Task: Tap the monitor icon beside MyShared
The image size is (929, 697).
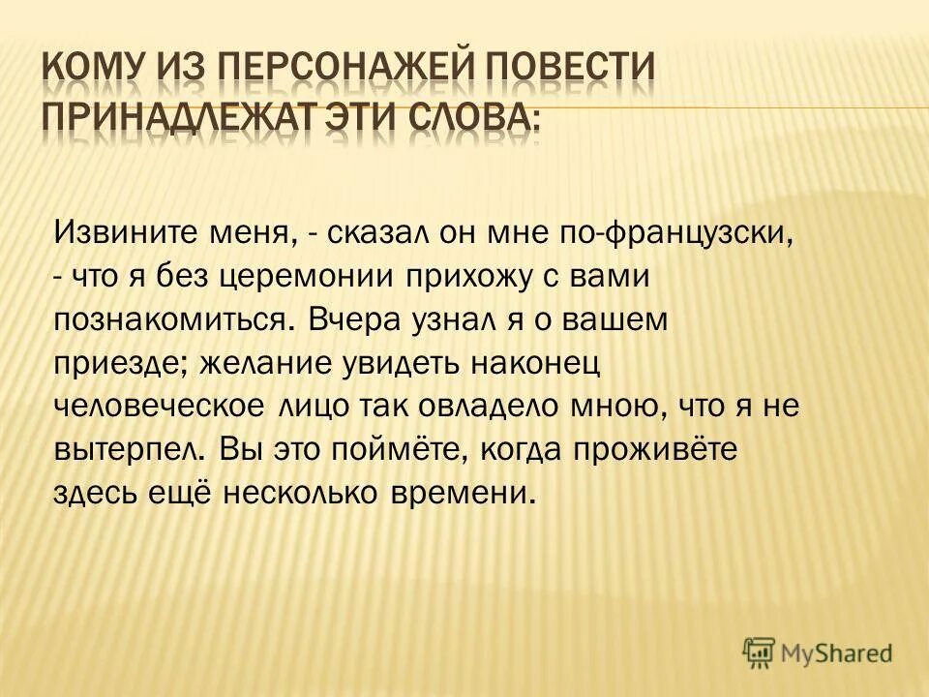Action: tap(760, 653)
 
